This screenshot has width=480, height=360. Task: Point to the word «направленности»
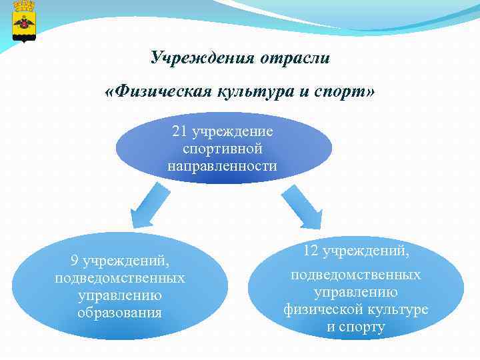(x=223, y=165)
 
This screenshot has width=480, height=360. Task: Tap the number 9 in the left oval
(x=75, y=260)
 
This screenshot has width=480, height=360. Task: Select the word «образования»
(x=120, y=312)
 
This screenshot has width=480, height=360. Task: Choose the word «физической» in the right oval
(x=323, y=309)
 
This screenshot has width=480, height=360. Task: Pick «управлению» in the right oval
(x=356, y=292)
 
